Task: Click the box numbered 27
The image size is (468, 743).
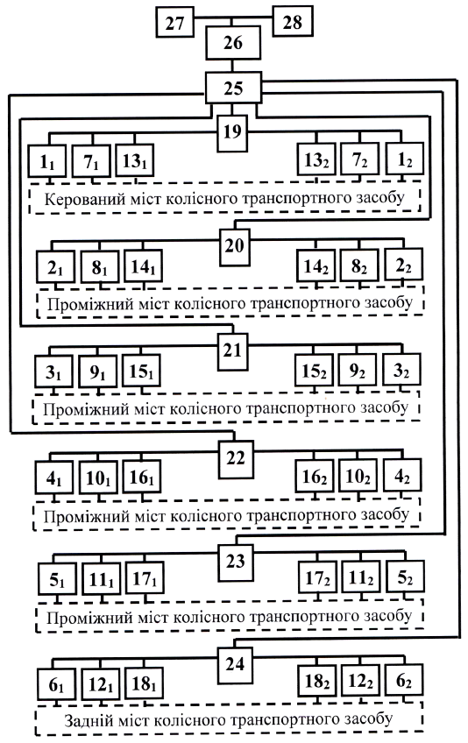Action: pyautogui.click(x=175, y=23)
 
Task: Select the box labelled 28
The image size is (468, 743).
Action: pyautogui.click(x=293, y=21)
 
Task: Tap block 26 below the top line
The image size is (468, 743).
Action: pyautogui.click(x=233, y=43)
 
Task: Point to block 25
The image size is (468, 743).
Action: pyautogui.click(x=233, y=88)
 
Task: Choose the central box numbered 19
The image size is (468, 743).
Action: pyautogui.click(x=232, y=131)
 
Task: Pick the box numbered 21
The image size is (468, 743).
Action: pyautogui.click(x=232, y=350)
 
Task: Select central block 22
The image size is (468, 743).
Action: pyautogui.click(x=236, y=458)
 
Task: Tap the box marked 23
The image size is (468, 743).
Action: pyautogui.click(x=235, y=562)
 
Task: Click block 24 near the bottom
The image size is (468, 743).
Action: pyautogui.click(x=235, y=664)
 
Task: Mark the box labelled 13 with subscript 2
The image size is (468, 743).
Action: pyautogui.click(x=316, y=159)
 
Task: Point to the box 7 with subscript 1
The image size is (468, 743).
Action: pyautogui.click(x=91, y=161)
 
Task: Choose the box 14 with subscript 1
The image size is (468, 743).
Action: pyautogui.click(x=143, y=265)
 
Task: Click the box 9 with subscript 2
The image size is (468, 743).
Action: pyautogui.click(x=357, y=371)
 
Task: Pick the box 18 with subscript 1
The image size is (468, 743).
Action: pyautogui.click(x=144, y=683)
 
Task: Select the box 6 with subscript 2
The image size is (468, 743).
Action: pyautogui.click(x=404, y=681)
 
